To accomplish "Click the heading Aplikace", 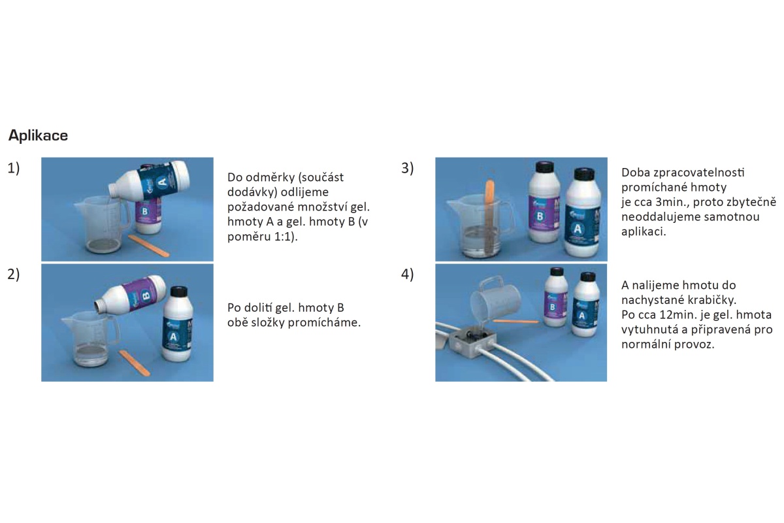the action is pos(38,135).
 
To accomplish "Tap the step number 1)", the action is pos(14,168).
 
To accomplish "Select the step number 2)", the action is pos(14,275).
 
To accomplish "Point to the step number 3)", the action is pos(408,168).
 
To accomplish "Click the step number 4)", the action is pos(408,275).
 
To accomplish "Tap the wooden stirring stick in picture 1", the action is pos(149,245).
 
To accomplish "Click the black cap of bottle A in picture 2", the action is pos(179,292).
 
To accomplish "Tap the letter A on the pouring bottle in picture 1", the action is pos(162,182).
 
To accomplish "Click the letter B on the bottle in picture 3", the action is pos(540,216).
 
